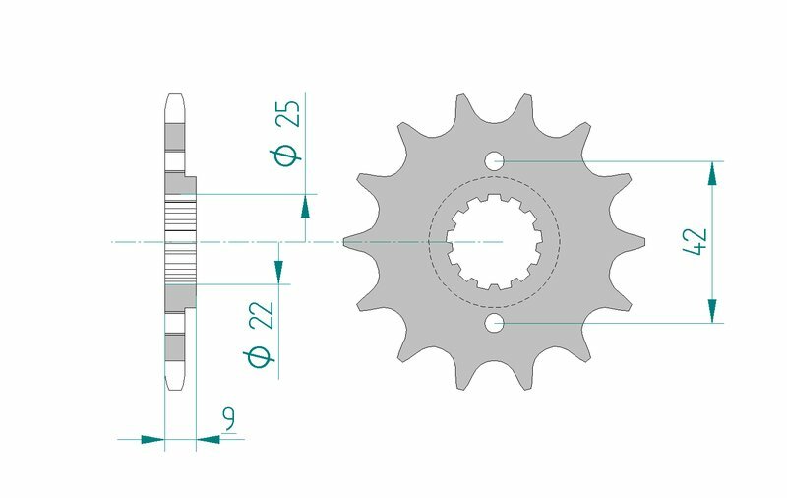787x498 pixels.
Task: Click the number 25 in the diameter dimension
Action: [x=289, y=115]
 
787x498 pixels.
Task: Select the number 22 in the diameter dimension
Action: [x=261, y=316]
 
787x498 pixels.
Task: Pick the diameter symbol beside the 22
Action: [x=261, y=358]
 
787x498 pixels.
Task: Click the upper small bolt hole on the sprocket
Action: [x=494, y=159]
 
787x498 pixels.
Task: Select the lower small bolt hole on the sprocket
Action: [x=494, y=323]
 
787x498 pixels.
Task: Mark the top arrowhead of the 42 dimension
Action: [x=710, y=173]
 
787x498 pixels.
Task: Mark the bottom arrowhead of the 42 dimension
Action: [x=710, y=310]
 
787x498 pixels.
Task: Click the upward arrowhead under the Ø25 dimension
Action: [x=306, y=206]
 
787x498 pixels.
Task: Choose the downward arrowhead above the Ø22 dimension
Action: [x=278, y=272]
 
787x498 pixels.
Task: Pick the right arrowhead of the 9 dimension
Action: [x=208, y=439]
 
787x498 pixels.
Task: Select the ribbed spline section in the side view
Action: [x=180, y=241]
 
